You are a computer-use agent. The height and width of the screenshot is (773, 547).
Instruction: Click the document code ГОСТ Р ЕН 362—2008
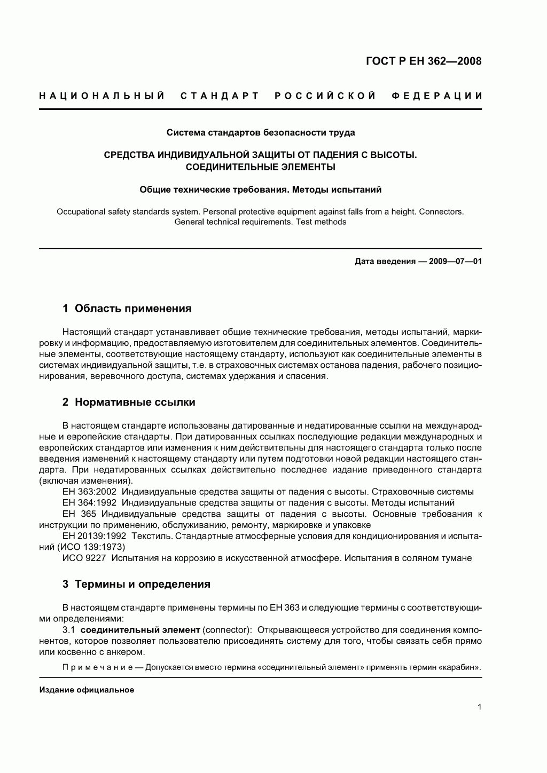pos(424,61)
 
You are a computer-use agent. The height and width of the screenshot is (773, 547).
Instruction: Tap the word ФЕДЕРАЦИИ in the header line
pos(437,96)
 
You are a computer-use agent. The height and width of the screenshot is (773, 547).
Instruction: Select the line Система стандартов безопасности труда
pos(260,132)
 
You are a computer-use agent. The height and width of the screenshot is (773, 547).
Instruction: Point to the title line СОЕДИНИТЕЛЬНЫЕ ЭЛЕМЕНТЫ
pos(260,167)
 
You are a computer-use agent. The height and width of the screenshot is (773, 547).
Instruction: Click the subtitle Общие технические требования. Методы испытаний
pos(260,189)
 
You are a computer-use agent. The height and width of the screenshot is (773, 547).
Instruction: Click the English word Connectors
pos(441,211)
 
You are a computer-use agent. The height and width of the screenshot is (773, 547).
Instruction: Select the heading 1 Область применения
pos(127,309)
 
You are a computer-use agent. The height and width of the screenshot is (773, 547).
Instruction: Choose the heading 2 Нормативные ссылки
pos(129,403)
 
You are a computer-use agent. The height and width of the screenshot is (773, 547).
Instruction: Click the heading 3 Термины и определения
pos(136,584)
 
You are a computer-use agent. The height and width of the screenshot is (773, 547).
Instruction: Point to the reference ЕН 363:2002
pos(89,492)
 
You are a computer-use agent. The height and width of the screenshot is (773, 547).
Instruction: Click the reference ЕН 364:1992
pos(89,503)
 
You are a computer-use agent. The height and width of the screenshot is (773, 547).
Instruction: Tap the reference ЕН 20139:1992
pos(94,536)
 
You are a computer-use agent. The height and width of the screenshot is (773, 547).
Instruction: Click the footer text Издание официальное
pos(87,690)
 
